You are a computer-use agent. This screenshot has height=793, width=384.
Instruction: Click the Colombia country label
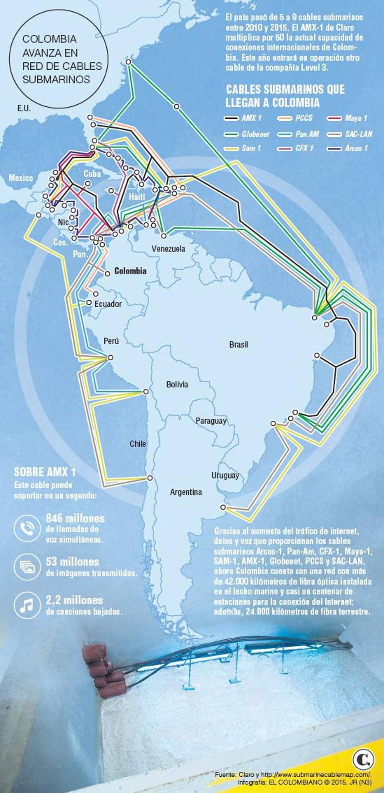pos(130,271)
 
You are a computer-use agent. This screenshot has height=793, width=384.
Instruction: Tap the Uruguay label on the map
pos(225,475)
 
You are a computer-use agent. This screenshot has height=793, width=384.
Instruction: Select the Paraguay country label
pos(211,421)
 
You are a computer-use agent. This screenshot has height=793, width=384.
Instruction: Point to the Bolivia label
pos(177,384)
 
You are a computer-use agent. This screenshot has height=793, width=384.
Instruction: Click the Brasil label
pos(238,345)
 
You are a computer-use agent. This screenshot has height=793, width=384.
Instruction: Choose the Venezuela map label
pos(168,249)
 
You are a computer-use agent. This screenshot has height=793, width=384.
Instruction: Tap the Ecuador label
pos(108,304)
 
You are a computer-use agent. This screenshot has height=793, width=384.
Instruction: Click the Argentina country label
pos(186,492)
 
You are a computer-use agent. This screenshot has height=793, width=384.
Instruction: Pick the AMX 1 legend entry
pos(242,118)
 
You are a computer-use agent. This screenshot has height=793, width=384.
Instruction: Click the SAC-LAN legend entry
pos(350,134)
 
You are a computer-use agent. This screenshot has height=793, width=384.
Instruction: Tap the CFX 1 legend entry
pos(296,148)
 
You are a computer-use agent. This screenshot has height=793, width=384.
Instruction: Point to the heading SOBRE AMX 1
pos(44,472)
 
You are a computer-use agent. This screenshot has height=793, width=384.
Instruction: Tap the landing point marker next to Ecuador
pos(88,303)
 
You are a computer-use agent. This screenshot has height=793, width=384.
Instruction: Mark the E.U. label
pos(24,108)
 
